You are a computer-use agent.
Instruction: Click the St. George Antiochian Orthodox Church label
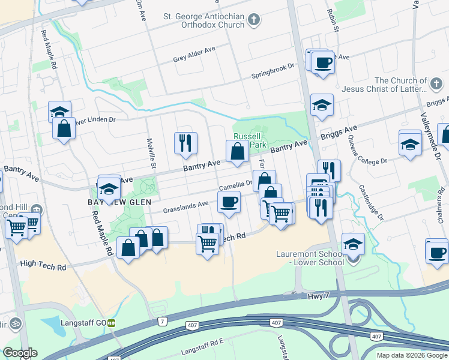coord(203,21)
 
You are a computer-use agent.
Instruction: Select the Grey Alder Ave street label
coord(193,58)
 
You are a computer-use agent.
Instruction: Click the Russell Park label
coord(250,140)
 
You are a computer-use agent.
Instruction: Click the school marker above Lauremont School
coord(353,244)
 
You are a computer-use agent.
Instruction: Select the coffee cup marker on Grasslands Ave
coord(228,202)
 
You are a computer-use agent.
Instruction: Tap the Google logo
coord(20,353)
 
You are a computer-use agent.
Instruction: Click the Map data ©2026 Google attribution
coord(412,355)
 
